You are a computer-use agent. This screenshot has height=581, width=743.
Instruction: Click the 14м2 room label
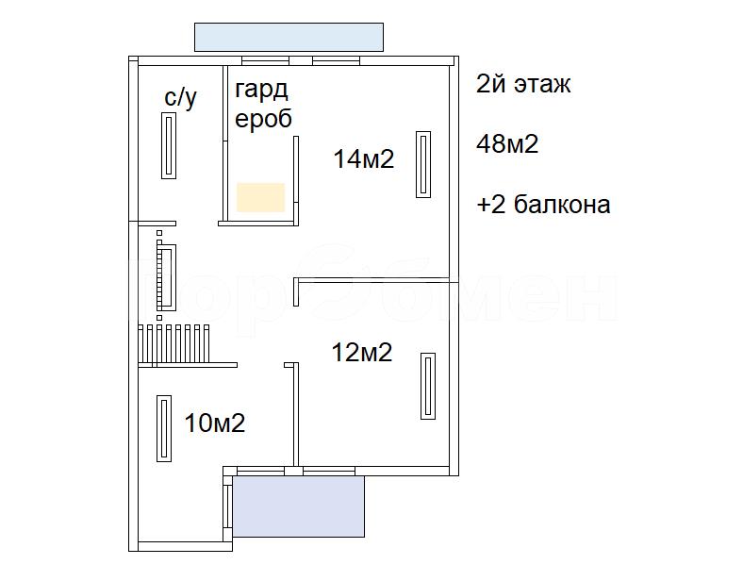coord(364,158)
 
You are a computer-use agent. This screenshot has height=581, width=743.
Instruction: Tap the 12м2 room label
coord(362,352)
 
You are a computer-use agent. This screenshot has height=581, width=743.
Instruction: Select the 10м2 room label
coord(215,423)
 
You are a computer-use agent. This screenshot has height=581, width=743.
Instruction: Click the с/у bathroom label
coord(180,98)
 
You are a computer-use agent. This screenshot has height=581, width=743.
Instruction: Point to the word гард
coord(261,90)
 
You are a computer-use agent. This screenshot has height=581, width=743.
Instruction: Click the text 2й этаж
coord(523,84)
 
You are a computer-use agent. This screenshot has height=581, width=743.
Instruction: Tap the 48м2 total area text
coord(507,143)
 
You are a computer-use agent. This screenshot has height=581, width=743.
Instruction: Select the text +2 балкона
coord(543,205)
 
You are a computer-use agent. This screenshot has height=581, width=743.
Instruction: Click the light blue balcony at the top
coord(289,37)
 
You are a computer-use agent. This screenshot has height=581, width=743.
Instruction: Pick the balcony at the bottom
coord(299,506)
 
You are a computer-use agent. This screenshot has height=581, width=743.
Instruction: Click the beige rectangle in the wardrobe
coord(260,197)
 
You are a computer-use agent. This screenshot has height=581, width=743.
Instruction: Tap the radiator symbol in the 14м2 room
coord(423,164)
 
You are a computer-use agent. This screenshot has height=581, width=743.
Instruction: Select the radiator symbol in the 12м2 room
coord(428,386)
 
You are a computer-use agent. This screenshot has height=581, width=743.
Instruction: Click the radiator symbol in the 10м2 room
coord(164,428)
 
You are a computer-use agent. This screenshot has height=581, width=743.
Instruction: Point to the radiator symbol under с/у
coord(169,145)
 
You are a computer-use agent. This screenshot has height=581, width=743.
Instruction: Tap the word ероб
coord(263,119)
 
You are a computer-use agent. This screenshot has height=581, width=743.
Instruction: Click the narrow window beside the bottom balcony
coord(229,506)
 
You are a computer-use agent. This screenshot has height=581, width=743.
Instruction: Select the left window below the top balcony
coord(265,61)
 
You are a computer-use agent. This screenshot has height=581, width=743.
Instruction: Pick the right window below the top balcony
coord(336,61)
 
